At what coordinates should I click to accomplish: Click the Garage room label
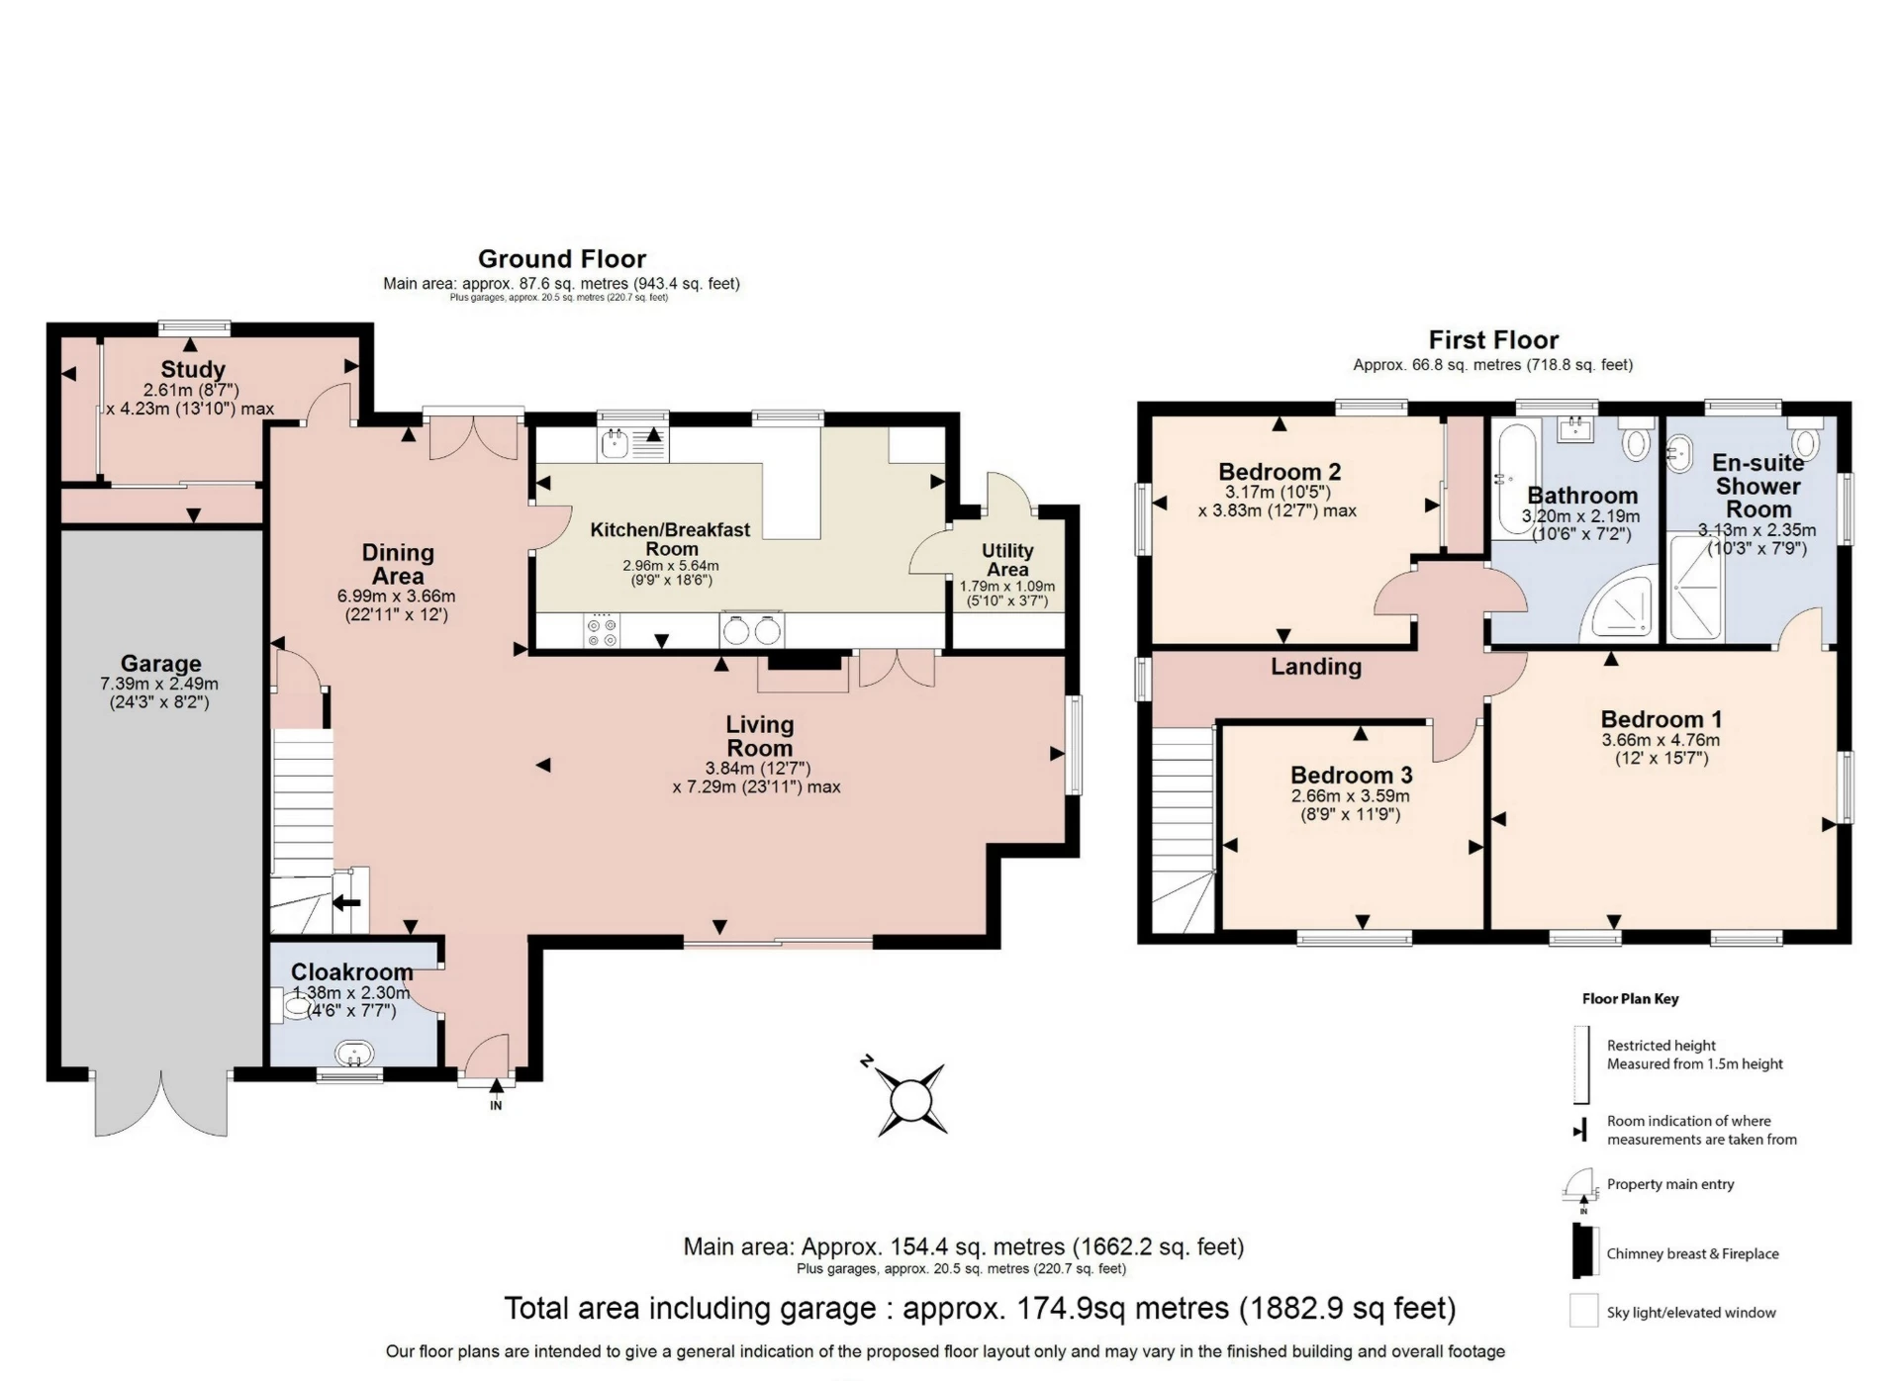[160, 664]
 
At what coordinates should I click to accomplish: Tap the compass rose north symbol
[867, 1061]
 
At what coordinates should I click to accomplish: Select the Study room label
[193, 370]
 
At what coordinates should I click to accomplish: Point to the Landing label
[1316, 667]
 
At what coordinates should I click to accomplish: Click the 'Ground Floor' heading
[562, 259]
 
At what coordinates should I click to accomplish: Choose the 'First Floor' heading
[1493, 340]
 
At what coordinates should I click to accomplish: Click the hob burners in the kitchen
[602, 631]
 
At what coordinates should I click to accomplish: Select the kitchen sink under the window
[633, 443]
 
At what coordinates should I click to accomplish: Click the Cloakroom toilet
[291, 1007]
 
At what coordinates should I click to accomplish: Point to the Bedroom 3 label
[1351, 775]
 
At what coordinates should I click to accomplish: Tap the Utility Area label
[1007, 560]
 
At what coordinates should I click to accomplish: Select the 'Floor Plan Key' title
[1630, 998]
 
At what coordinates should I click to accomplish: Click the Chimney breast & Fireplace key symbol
[1584, 1251]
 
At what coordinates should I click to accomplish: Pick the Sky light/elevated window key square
[1583, 1311]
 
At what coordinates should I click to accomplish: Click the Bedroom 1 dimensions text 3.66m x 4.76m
[1661, 740]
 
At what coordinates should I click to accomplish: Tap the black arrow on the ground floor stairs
[346, 902]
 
